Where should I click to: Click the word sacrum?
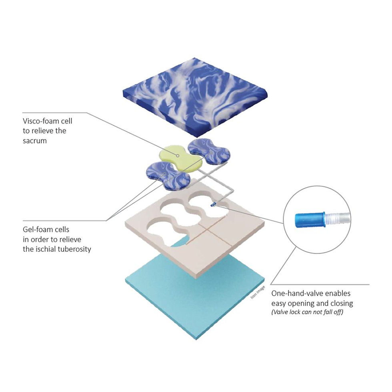click(35, 141)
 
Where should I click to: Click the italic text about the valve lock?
click(307, 312)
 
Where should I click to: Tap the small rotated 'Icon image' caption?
click(258, 292)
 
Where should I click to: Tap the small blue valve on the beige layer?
click(213, 205)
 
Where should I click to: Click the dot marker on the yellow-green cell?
click(178, 156)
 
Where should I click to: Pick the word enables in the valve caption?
click(339, 294)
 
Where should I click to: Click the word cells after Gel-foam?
click(62, 230)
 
